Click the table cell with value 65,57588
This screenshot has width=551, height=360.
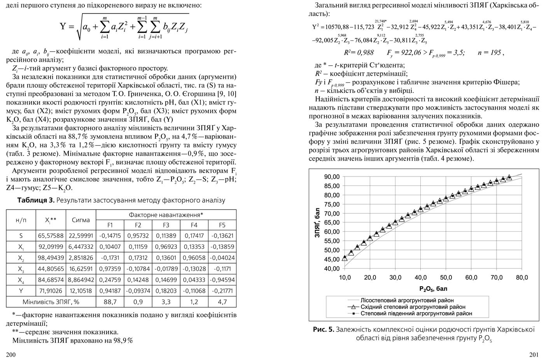tap(51, 236)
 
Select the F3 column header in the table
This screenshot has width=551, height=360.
tap(166, 225)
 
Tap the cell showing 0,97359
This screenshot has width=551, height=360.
tap(110, 269)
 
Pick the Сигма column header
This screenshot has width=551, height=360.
tap(81, 220)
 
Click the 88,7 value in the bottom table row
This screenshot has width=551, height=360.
tap(110, 302)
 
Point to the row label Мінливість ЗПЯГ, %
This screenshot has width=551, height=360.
tap(51, 302)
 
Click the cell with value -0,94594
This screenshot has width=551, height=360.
tap(222, 280)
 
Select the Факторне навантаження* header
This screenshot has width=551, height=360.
tap(166, 215)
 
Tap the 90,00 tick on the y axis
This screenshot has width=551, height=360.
tap(332, 177)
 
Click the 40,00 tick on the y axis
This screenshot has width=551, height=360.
tap(332, 269)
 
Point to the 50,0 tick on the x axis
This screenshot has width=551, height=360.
tap(446, 278)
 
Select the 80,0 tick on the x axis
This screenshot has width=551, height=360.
tap(522, 278)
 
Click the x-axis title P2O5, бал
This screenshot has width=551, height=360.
tap(433, 289)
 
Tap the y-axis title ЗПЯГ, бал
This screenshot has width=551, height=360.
tap(317, 222)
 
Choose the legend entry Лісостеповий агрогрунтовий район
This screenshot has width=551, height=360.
tap(407, 301)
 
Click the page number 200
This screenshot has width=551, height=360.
tap(11, 354)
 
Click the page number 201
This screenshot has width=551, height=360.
tap(534, 354)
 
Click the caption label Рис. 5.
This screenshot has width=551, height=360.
tap(323, 330)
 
